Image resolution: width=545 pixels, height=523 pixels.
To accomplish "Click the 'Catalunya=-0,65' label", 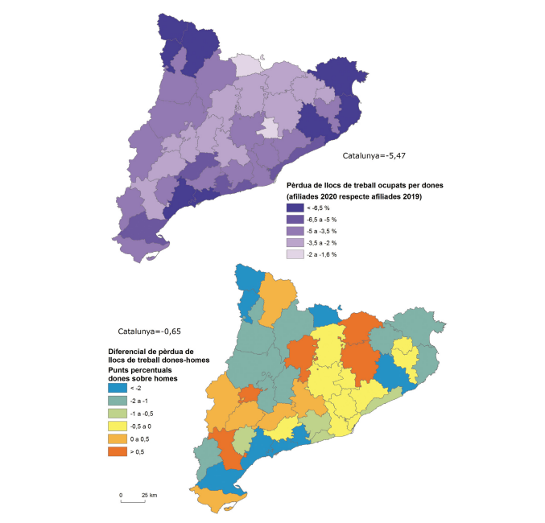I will pyautogui.click(x=151, y=332).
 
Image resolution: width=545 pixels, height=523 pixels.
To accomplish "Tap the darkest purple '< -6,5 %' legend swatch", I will pyautogui.click(x=295, y=208).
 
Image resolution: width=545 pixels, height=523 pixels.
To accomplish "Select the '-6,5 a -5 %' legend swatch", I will pyautogui.click(x=295, y=219).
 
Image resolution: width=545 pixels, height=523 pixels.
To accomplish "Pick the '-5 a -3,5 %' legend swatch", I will pyautogui.click(x=295, y=231).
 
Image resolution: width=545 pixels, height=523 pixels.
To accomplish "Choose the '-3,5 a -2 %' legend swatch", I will pyautogui.click(x=295, y=242).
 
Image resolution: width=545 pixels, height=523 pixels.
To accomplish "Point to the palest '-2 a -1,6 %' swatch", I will pyautogui.click(x=295, y=254).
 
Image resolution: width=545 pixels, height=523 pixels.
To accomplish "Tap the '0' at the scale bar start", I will pyautogui.click(x=121, y=494).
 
